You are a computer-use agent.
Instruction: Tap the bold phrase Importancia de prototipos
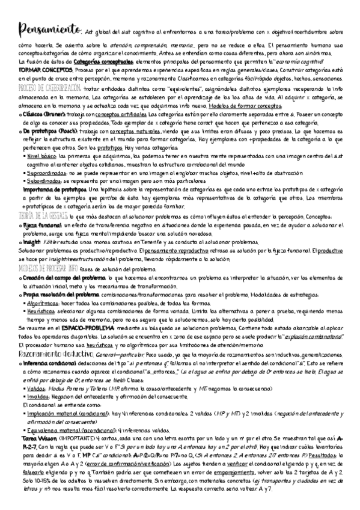[52, 188]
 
